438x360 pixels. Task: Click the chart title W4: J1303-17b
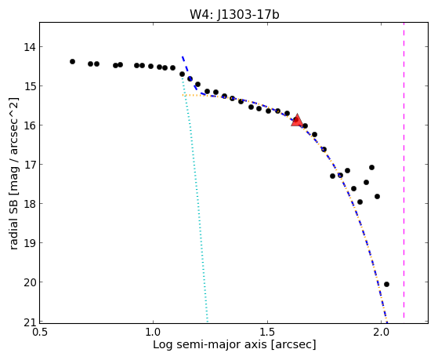234,15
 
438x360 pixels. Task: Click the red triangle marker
297,121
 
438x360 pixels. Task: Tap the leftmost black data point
72,61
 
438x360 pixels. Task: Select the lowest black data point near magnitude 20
386,284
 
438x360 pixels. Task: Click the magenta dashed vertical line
404,170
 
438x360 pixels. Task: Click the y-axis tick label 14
29,47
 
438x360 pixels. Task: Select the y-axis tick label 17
29,165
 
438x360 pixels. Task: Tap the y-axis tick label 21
29,323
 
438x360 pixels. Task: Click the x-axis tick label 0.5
40,333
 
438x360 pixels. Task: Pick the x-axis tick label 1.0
153,333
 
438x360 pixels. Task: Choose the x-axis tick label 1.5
268,333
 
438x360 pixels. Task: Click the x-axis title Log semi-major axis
209,345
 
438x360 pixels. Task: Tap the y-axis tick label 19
29,243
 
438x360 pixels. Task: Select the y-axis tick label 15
29,86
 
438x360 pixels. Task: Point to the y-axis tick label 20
29,282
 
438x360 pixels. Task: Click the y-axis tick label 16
29,125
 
